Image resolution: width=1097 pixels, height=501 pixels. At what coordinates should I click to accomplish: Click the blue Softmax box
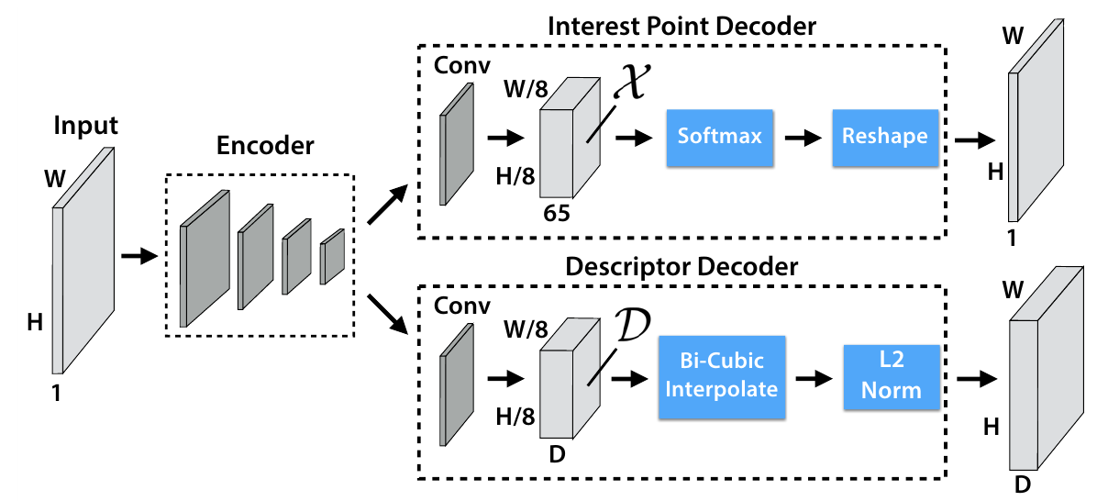720,138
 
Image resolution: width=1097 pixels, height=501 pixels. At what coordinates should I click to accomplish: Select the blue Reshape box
885,138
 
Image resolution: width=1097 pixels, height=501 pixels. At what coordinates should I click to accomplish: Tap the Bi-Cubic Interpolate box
721,377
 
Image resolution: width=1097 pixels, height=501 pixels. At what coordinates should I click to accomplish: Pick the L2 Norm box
892,377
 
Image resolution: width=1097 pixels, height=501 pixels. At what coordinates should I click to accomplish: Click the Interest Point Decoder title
682,27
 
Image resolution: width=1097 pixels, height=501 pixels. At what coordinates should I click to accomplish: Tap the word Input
86,127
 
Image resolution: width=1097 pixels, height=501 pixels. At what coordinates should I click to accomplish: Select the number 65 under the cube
556,214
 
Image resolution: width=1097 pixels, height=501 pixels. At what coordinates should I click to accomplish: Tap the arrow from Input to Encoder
140,257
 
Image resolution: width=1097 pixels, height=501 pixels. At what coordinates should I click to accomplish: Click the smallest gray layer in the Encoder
333,257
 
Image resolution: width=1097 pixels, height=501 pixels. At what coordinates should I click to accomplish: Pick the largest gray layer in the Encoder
205,259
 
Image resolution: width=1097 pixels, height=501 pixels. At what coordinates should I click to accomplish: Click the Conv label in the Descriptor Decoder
462,306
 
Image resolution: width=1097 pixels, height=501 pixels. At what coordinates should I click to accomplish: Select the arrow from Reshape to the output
976,140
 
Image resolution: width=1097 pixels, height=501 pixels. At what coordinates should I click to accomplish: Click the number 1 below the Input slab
57,394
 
